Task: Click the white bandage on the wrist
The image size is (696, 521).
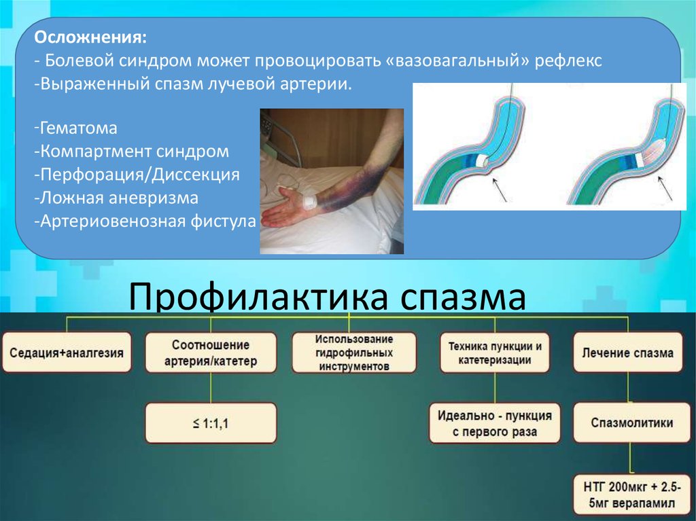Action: pos(309,202)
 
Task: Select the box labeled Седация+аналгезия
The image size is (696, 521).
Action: pos(66,353)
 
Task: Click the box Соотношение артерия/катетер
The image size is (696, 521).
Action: pos(211,353)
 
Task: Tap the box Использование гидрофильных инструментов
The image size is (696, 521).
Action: pos(353,353)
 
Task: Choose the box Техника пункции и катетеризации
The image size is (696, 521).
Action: pos(494,353)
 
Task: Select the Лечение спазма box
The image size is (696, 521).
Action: pos(627,353)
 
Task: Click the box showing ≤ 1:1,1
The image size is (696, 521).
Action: pos(211,423)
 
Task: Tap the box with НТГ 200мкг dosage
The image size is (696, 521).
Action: pos(627,495)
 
